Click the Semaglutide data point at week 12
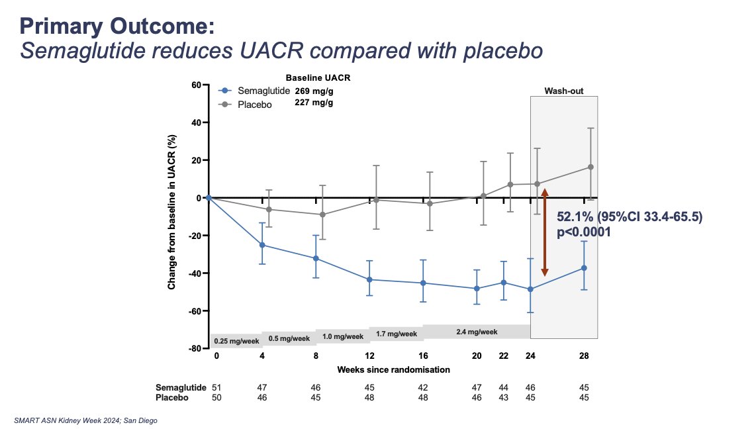click(369, 279)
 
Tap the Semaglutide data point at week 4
click(262, 245)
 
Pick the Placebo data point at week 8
click(316, 215)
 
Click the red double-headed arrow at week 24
click(545, 232)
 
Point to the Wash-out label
click(563, 91)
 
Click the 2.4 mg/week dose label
click(477, 332)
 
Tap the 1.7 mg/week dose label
click(397, 334)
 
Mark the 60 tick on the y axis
click(196, 85)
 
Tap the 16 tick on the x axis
click(423, 356)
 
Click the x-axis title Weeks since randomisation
click(393, 369)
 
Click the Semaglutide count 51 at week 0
click(215, 387)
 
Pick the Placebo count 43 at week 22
click(504, 398)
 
